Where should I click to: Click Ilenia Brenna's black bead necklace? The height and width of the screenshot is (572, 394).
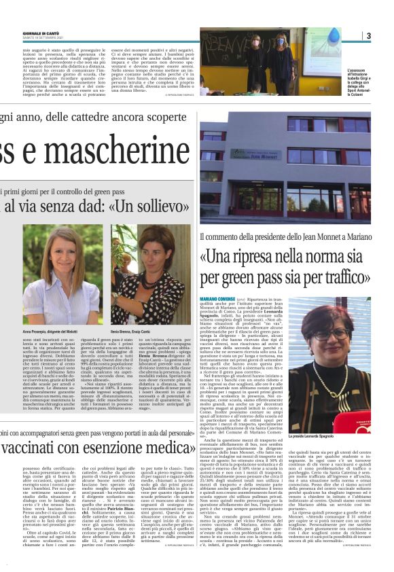click(x=156, y=289)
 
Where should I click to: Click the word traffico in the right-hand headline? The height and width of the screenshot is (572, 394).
click(x=344, y=277)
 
